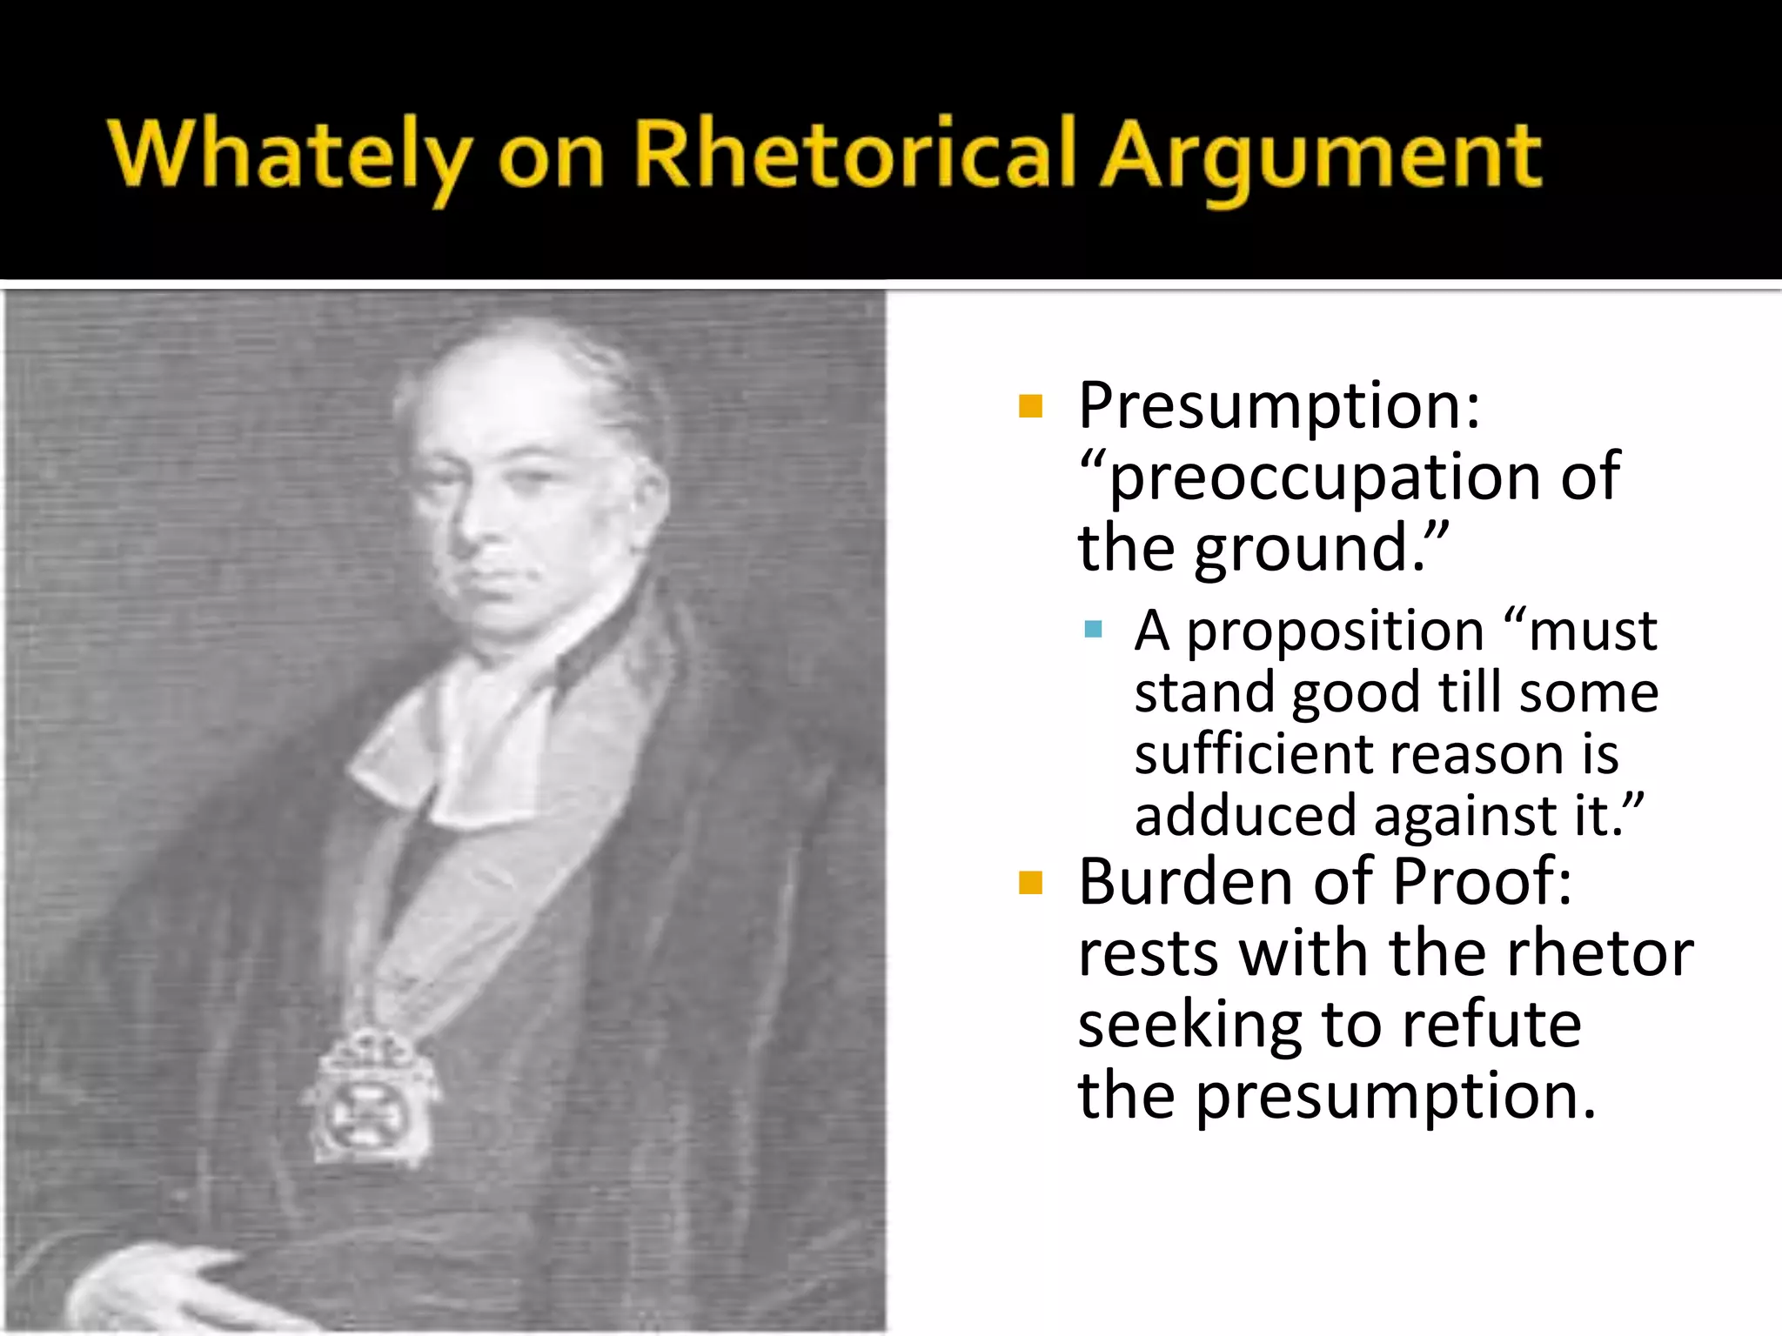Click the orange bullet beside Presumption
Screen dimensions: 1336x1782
click(x=1030, y=406)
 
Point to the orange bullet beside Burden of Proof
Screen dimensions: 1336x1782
click(x=1030, y=883)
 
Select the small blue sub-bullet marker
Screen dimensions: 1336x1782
click(x=1094, y=629)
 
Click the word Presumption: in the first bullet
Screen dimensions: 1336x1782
click(x=1278, y=407)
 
